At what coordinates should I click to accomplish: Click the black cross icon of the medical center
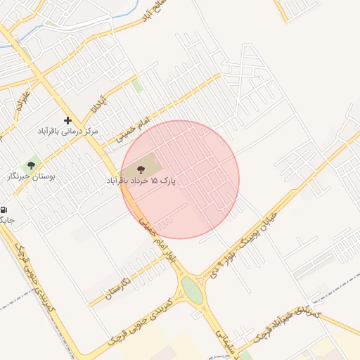67,120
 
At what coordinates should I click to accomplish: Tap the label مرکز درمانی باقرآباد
69,131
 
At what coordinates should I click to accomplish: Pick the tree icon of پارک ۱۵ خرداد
141,169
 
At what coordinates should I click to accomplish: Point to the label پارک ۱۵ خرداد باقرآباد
141,181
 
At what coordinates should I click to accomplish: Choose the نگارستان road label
120,287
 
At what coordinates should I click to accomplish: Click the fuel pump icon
4,210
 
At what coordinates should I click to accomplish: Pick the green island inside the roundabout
191,289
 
